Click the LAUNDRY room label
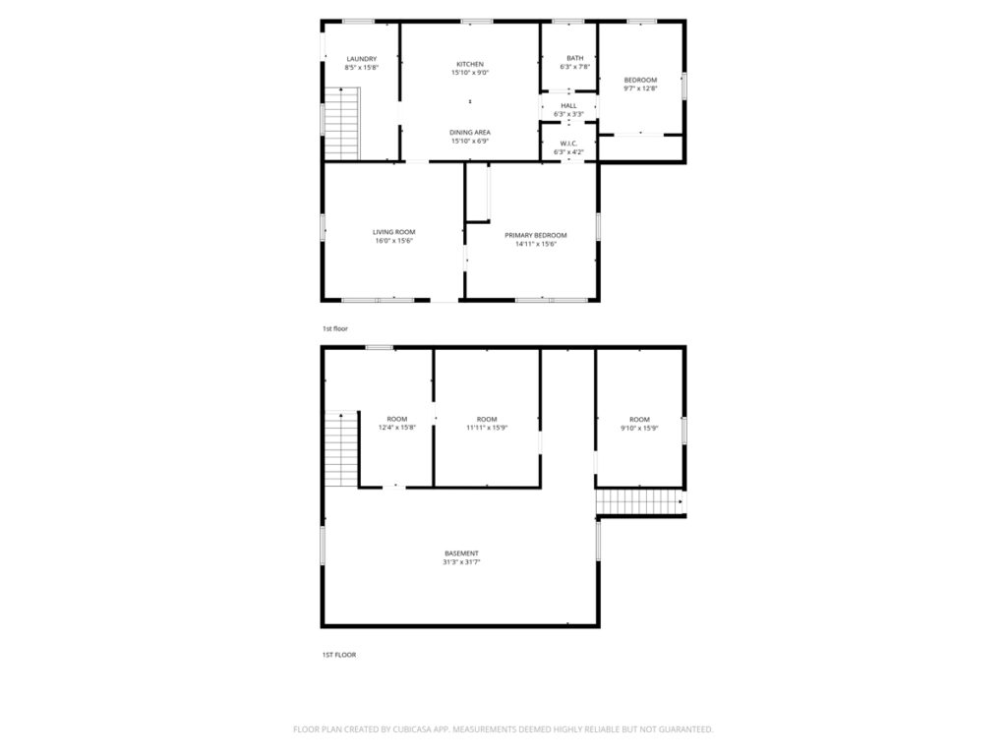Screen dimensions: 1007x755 point(362,59)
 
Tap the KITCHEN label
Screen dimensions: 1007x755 point(470,64)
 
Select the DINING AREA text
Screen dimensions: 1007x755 point(470,133)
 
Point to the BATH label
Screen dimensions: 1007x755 point(574,58)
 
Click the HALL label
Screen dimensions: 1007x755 point(569,106)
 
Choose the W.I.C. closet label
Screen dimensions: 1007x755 point(569,144)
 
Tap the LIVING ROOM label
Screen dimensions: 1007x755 point(394,232)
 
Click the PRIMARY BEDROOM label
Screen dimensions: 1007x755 point(536,236)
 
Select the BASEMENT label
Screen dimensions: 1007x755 point(462,553)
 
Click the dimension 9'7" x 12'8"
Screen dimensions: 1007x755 point(640,88)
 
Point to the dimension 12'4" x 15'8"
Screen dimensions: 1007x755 point(397,428)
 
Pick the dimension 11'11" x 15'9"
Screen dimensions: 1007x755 point(487,428)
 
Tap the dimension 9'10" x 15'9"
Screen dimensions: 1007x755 point(639,428)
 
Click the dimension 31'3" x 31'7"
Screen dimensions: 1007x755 point(462,562)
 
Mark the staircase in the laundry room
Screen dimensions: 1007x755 point(341,123)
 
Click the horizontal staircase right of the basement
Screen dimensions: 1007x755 point(640,502)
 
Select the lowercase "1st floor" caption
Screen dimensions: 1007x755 point(334,328)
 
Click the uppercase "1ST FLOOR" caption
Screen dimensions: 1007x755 point(339,655)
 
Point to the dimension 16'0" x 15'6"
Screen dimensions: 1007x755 point(394,242)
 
